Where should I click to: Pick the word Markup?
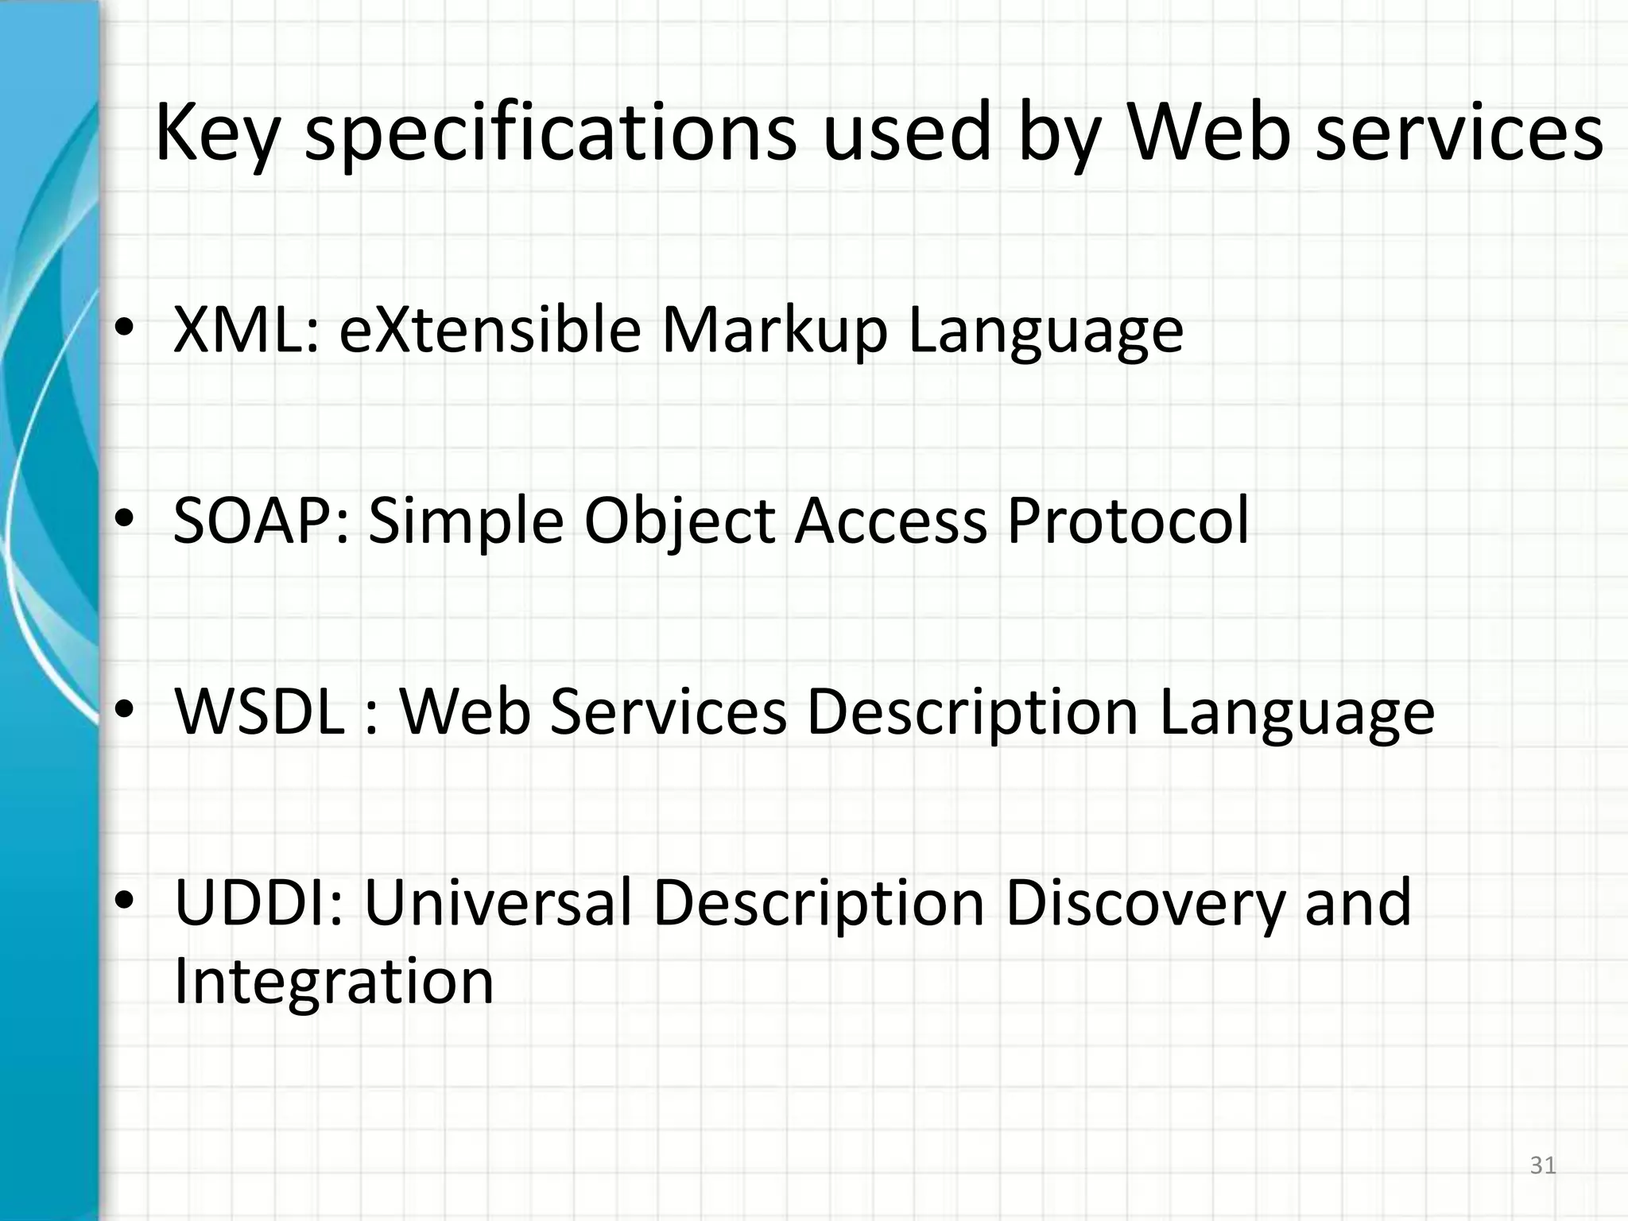[774, 331]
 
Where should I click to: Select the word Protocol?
[1128, 521]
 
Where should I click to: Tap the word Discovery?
[1145, 904]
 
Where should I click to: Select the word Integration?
[334, 983]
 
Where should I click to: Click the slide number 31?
[1542, 1165]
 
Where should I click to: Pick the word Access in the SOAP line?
[891, 521]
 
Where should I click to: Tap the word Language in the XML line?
[1045, 331]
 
